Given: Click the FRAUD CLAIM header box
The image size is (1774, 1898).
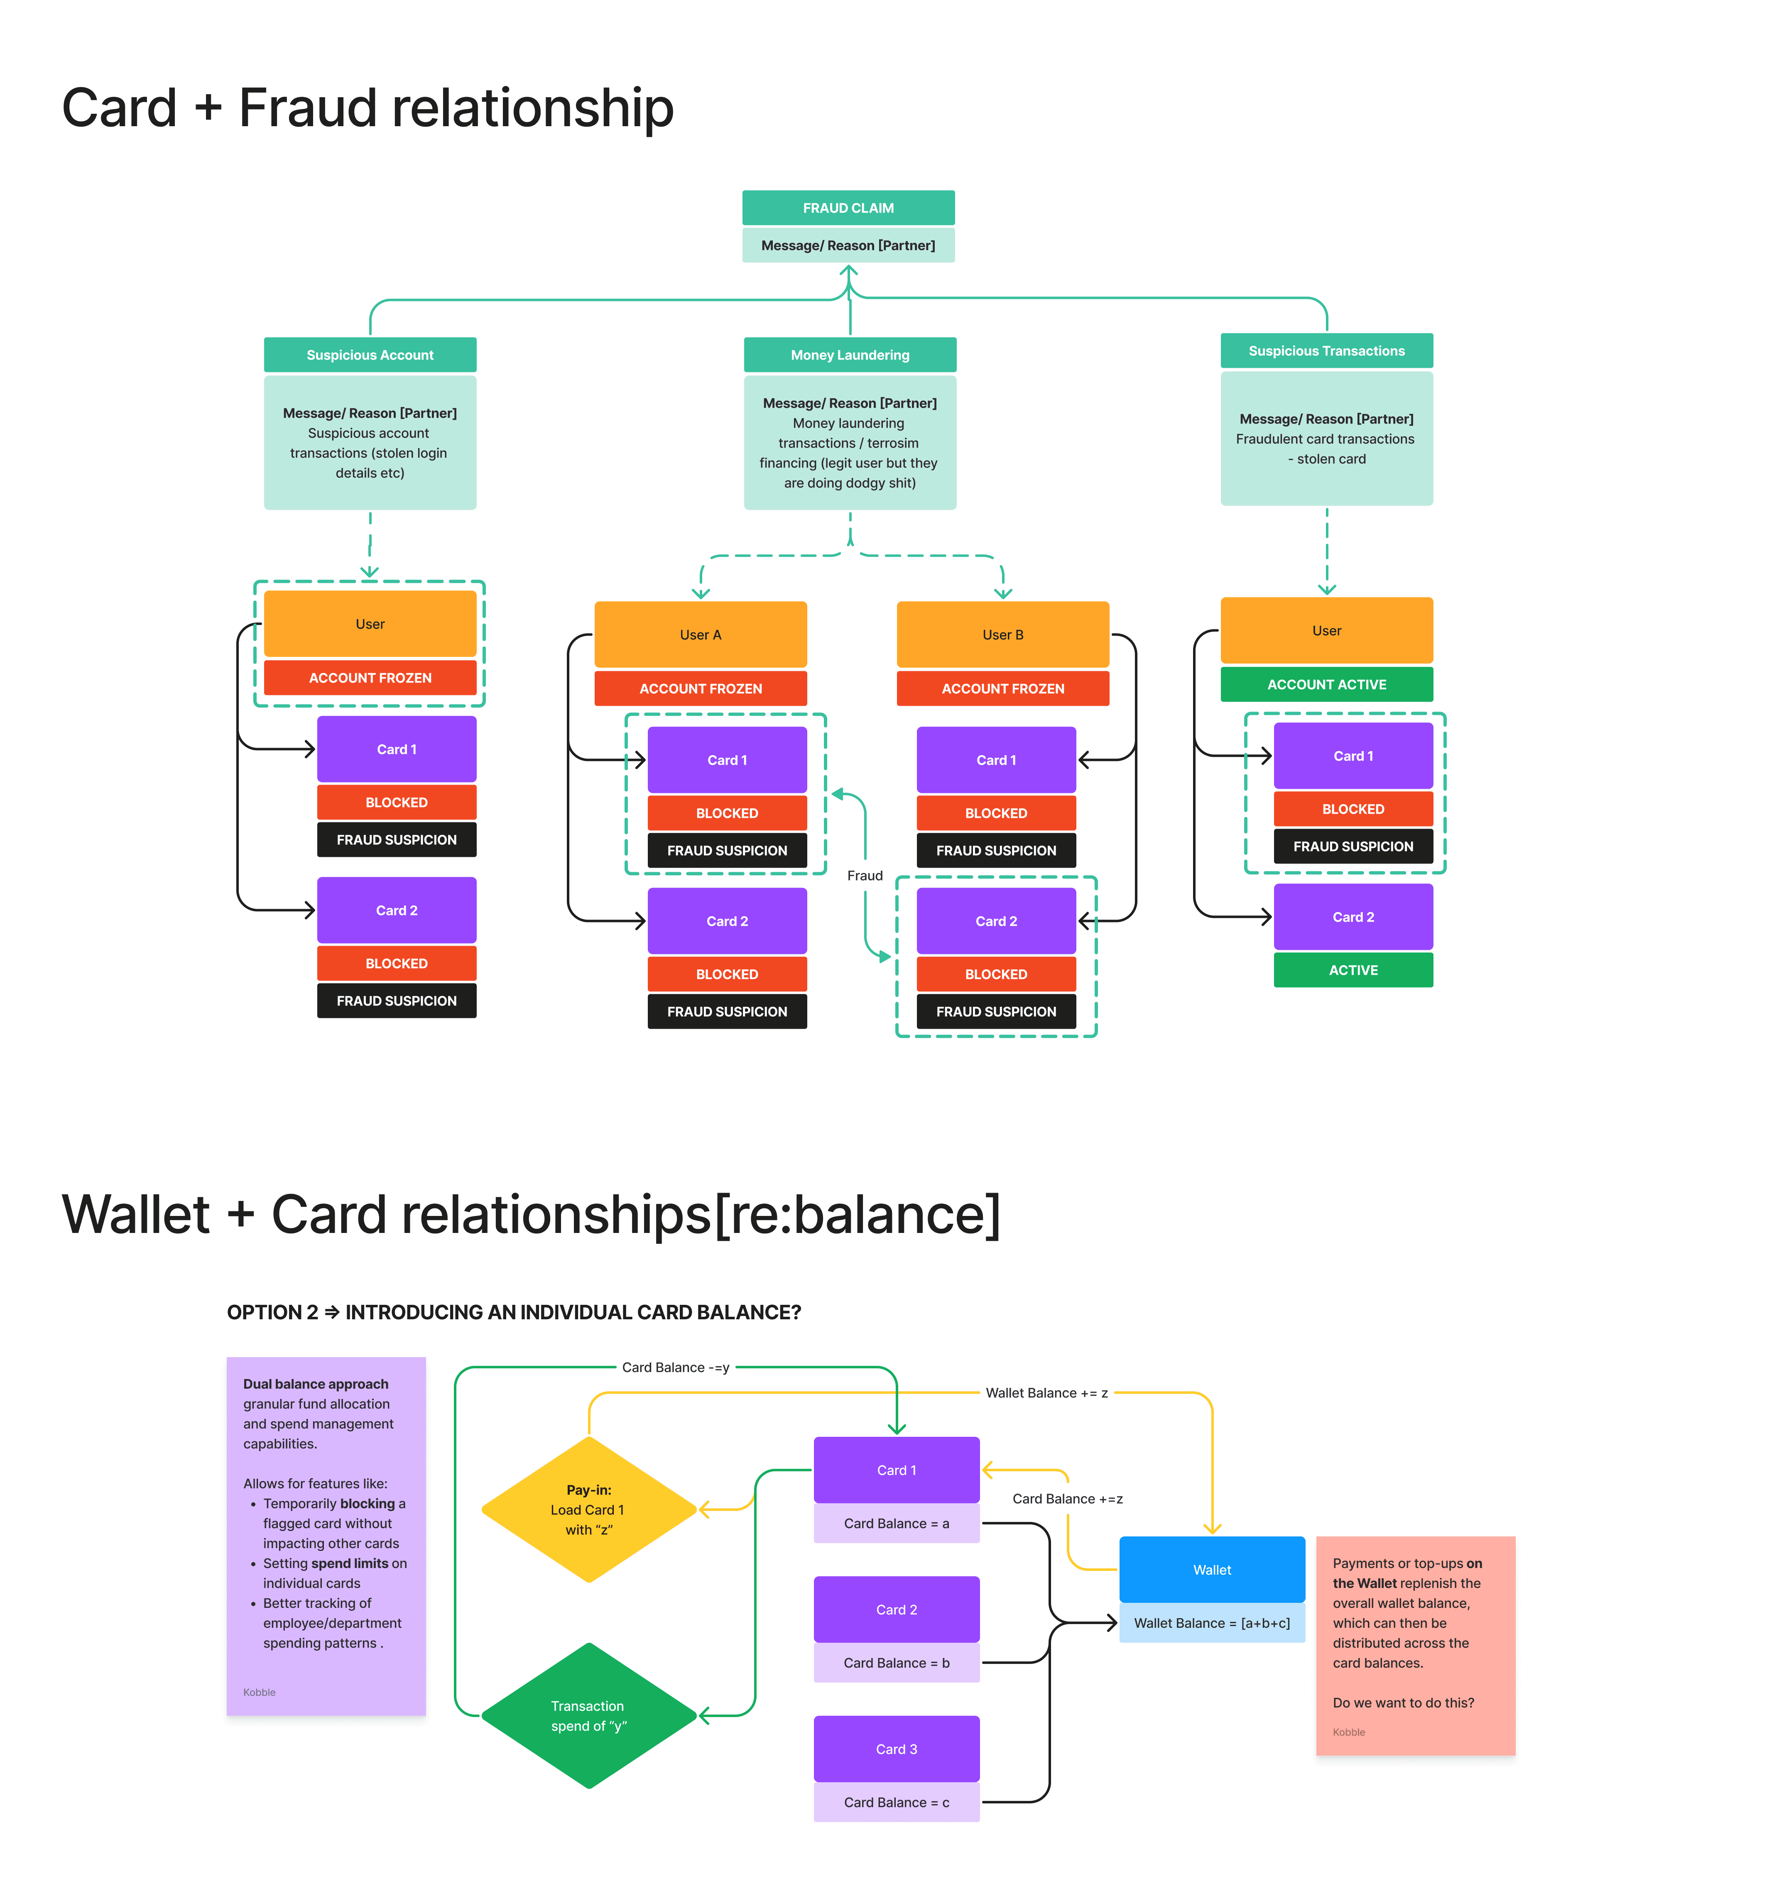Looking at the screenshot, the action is coord(848,207).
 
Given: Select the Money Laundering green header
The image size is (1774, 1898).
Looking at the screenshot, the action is coord(850,354).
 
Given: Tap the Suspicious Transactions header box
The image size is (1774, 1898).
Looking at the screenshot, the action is coord(1326,350).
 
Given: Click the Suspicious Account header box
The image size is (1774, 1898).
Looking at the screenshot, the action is coord(370,354).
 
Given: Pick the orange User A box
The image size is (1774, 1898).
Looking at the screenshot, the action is coord(700,634).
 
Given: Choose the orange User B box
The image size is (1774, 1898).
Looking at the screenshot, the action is coord(1002,634).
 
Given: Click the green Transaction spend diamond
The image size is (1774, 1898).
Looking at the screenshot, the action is coord(589,1716).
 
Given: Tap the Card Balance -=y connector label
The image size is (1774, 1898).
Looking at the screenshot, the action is coord(675,1367).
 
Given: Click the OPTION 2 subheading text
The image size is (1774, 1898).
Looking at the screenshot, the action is coord(514,1312).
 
